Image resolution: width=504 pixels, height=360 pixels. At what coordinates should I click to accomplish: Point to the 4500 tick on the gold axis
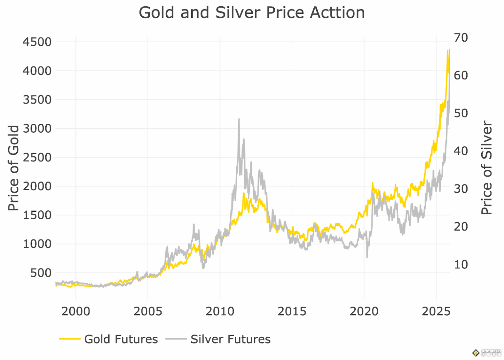[37, 42]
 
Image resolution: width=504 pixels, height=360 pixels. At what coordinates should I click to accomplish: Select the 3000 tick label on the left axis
[37, 129]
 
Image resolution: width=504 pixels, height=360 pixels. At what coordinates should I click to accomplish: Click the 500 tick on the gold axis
[41, 273]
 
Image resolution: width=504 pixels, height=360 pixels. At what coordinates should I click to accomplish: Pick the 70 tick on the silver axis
[461, 38]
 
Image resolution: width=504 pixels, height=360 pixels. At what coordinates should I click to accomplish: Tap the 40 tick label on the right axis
[461, 151]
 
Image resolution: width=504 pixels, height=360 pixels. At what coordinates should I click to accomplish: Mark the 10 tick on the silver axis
[461, 265]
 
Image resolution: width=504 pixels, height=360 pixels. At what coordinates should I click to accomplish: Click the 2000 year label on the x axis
[75, 311]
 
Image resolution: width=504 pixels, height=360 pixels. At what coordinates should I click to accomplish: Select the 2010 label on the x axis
[220, 311]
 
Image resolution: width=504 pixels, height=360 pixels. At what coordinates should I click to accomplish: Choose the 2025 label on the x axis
[436, 311]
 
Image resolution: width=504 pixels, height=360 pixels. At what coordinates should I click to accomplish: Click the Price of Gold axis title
[13, 168]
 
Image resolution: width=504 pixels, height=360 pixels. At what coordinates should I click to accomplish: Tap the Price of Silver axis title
[487, 168]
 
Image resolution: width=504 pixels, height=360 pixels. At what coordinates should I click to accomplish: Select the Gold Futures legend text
[121, 339]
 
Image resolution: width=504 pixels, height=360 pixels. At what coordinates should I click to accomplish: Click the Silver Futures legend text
[230, 339]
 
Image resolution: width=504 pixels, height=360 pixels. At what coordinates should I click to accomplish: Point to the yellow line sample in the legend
[70, 339]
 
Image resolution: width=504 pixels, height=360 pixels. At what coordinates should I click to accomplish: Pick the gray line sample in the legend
[176, 339]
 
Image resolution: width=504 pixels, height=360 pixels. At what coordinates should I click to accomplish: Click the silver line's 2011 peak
[239, 119]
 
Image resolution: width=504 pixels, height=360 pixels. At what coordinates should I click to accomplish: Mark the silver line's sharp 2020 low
[367, 257]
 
